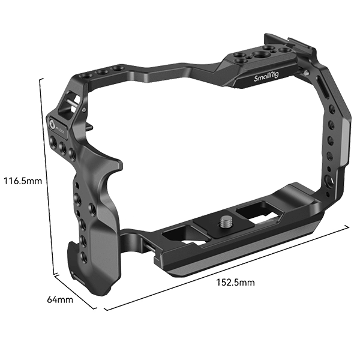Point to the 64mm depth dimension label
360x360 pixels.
(59, 298)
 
